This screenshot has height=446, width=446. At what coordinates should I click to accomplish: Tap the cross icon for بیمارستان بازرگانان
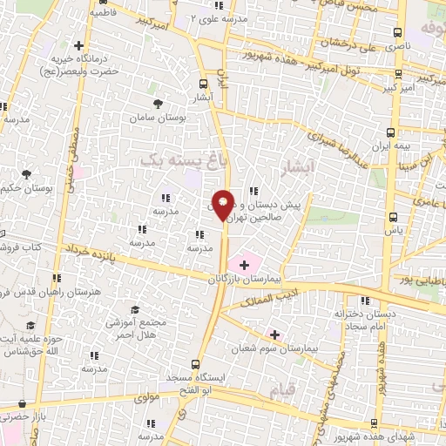[242, 262]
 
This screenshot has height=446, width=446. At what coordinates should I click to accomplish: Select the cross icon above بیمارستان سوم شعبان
[275, 334]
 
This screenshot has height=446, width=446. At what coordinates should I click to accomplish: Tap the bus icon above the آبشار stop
[203, 84]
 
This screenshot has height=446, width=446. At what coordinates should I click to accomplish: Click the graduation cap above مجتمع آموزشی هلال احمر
[134, 309]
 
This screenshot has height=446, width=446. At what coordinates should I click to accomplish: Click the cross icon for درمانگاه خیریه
[79, 45]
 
